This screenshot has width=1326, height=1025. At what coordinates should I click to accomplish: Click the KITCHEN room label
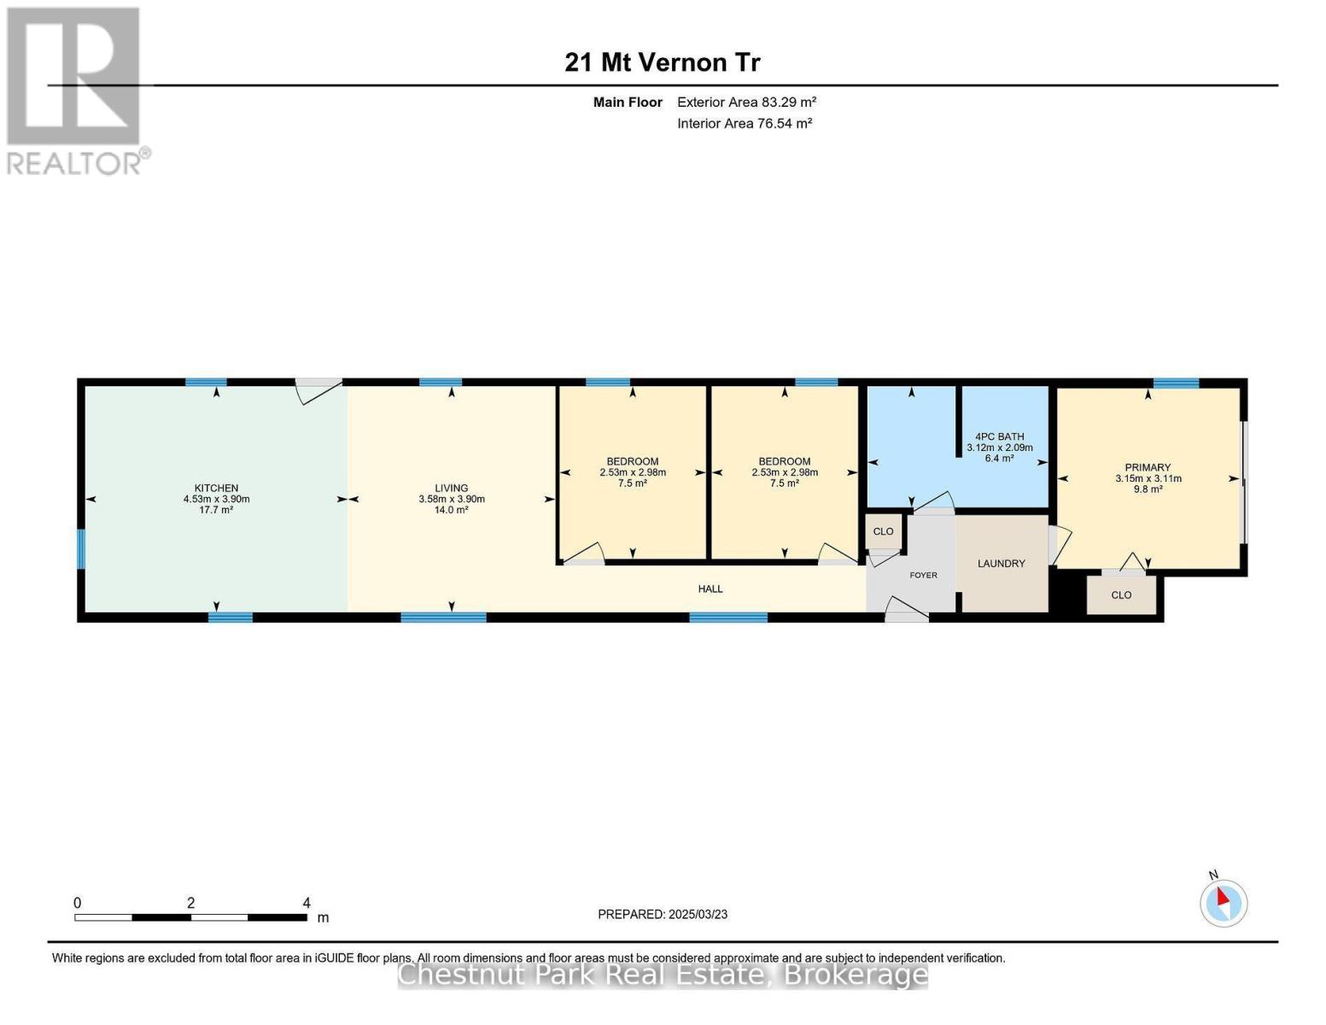tap(216, 488)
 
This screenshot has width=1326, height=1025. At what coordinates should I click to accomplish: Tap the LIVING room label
tap(451, 488)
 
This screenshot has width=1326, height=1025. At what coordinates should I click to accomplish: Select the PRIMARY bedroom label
tap(1148, 467)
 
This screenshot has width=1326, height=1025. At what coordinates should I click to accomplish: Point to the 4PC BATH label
tap(999, 436)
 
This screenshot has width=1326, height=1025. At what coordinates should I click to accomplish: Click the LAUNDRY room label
tap(1002, 564)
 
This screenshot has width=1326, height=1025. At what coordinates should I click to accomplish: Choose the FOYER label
tap(923, 575)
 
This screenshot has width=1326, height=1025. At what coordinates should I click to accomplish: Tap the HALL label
tap(710, 589)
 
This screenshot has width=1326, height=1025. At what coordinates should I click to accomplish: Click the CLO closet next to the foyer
tap(883, 531)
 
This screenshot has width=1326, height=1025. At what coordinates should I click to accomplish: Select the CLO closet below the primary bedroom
tap(1122, 595)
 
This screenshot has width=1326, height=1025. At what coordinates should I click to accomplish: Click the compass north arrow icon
tap(1223, 904)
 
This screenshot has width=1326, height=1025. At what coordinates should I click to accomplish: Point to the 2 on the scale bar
tap(191, 903)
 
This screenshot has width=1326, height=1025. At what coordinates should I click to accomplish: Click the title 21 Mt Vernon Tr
tap(662, 62)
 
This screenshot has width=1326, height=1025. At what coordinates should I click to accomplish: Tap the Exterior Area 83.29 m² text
tap(746, 102)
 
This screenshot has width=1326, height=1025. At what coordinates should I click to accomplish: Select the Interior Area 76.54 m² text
tap(745, 123)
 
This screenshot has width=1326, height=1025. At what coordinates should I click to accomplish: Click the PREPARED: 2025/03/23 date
tap(663, 915)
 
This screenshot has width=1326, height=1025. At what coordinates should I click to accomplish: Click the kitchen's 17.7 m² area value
tap(216, 510)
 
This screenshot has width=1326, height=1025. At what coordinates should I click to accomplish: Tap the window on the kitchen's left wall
tap(80, 549)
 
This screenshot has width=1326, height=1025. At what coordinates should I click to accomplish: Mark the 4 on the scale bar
tap(307, 903)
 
